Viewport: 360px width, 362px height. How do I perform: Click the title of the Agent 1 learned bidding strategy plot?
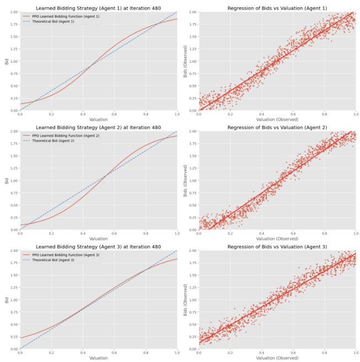point(99,8)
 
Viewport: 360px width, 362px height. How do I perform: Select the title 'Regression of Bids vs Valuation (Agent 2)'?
point(277,127)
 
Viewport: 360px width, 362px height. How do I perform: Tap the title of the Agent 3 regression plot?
point(277,247)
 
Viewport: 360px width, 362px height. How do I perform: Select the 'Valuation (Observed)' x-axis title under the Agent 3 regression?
point(277,358)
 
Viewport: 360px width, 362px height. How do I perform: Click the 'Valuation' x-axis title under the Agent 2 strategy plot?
point(99,239)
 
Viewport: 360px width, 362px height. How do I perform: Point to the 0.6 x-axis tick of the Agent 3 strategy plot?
point(114,353)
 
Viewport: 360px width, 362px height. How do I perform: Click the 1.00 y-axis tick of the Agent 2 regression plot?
point(192,181)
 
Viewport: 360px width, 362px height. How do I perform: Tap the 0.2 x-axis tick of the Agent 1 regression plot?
point(230,114)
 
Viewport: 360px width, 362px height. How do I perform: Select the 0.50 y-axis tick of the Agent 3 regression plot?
point(192,325)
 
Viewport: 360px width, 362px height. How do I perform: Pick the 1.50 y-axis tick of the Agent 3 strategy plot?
point(13,275)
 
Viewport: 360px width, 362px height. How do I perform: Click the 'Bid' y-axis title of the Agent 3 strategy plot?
point(7,300)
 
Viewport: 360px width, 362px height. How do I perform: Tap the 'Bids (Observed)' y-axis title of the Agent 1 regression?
point(186,61)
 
